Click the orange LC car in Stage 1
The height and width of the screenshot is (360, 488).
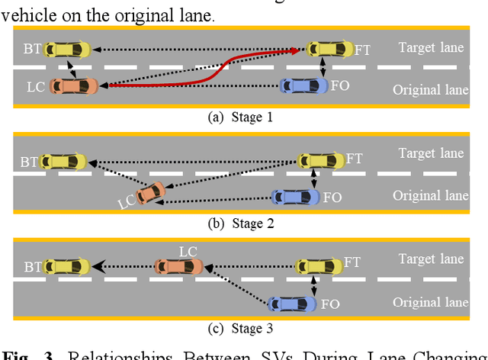point(73,86)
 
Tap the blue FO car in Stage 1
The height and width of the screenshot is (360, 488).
point(303,85)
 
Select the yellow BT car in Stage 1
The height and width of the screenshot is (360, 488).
point(67,50)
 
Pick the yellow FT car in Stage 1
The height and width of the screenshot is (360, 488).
point(329,50)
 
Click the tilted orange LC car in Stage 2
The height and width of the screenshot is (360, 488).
point(152,192)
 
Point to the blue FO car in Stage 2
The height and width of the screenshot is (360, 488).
point(295,197)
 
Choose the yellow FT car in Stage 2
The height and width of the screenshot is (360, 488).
point(320,160)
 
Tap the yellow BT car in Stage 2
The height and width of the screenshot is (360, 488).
point(64,162)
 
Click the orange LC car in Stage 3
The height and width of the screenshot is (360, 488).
point(178,266)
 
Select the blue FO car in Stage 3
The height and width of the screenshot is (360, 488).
point(291,304)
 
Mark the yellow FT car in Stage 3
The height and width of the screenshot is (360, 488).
point(318,266)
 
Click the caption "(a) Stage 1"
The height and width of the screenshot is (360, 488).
point(239,117)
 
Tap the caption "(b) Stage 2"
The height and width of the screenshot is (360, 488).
point(239,223)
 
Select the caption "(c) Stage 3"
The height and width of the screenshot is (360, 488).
point(239,329)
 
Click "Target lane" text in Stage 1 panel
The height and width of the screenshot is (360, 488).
point(431,48)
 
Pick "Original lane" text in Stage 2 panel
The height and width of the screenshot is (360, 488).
point(430,195)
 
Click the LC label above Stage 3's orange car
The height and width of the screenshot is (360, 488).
point(188,250)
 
